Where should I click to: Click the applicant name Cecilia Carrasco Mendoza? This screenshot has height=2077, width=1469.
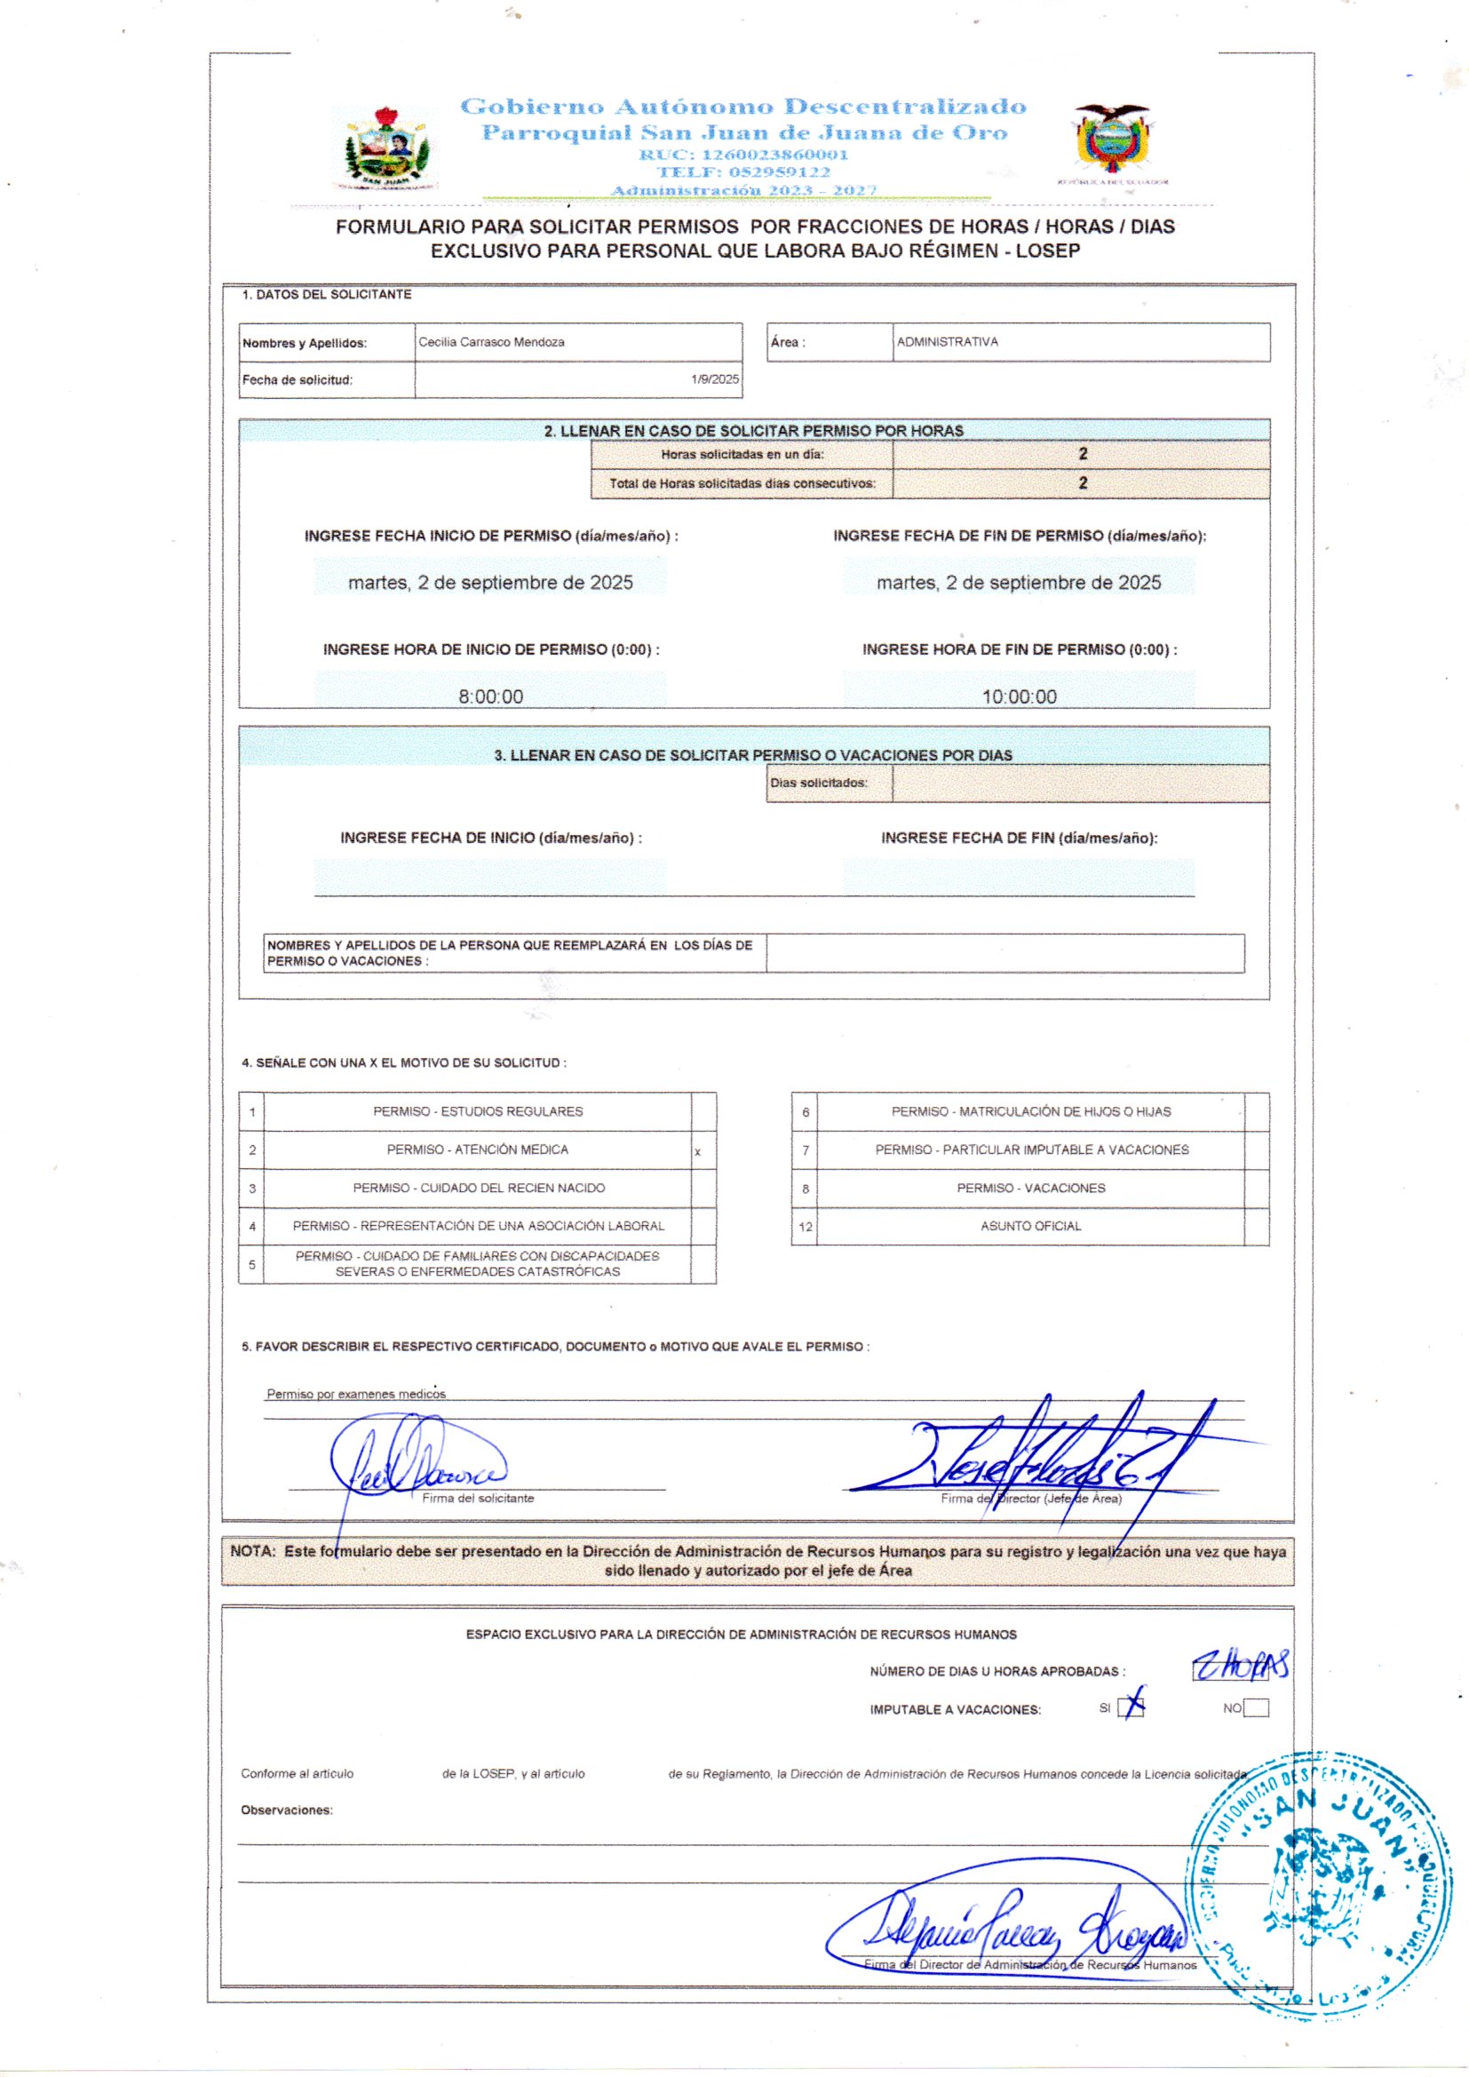pos(491,342)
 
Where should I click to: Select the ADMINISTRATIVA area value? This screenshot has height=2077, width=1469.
pos(947,342)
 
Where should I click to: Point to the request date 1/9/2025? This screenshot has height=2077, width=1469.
pos(715,379)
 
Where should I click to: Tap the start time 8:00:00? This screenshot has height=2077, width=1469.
pos(490,696)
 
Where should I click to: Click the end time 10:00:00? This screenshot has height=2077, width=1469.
pos(1019,696)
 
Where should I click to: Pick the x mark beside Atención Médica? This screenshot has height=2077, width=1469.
pos(697,1152)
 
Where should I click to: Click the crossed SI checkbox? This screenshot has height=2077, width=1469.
pos(1131,1707)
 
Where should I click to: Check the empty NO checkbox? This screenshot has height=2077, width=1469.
pos(1257,1708)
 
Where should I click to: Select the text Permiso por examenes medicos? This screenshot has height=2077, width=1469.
pos(355,1394)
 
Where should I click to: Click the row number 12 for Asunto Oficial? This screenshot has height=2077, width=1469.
pos(805,1227)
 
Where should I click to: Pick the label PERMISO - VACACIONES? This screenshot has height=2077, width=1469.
pos(1030,1188)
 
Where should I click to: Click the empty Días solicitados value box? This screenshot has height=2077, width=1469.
pos(1080,784)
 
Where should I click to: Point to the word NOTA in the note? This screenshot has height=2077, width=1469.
pos(251,1550)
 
